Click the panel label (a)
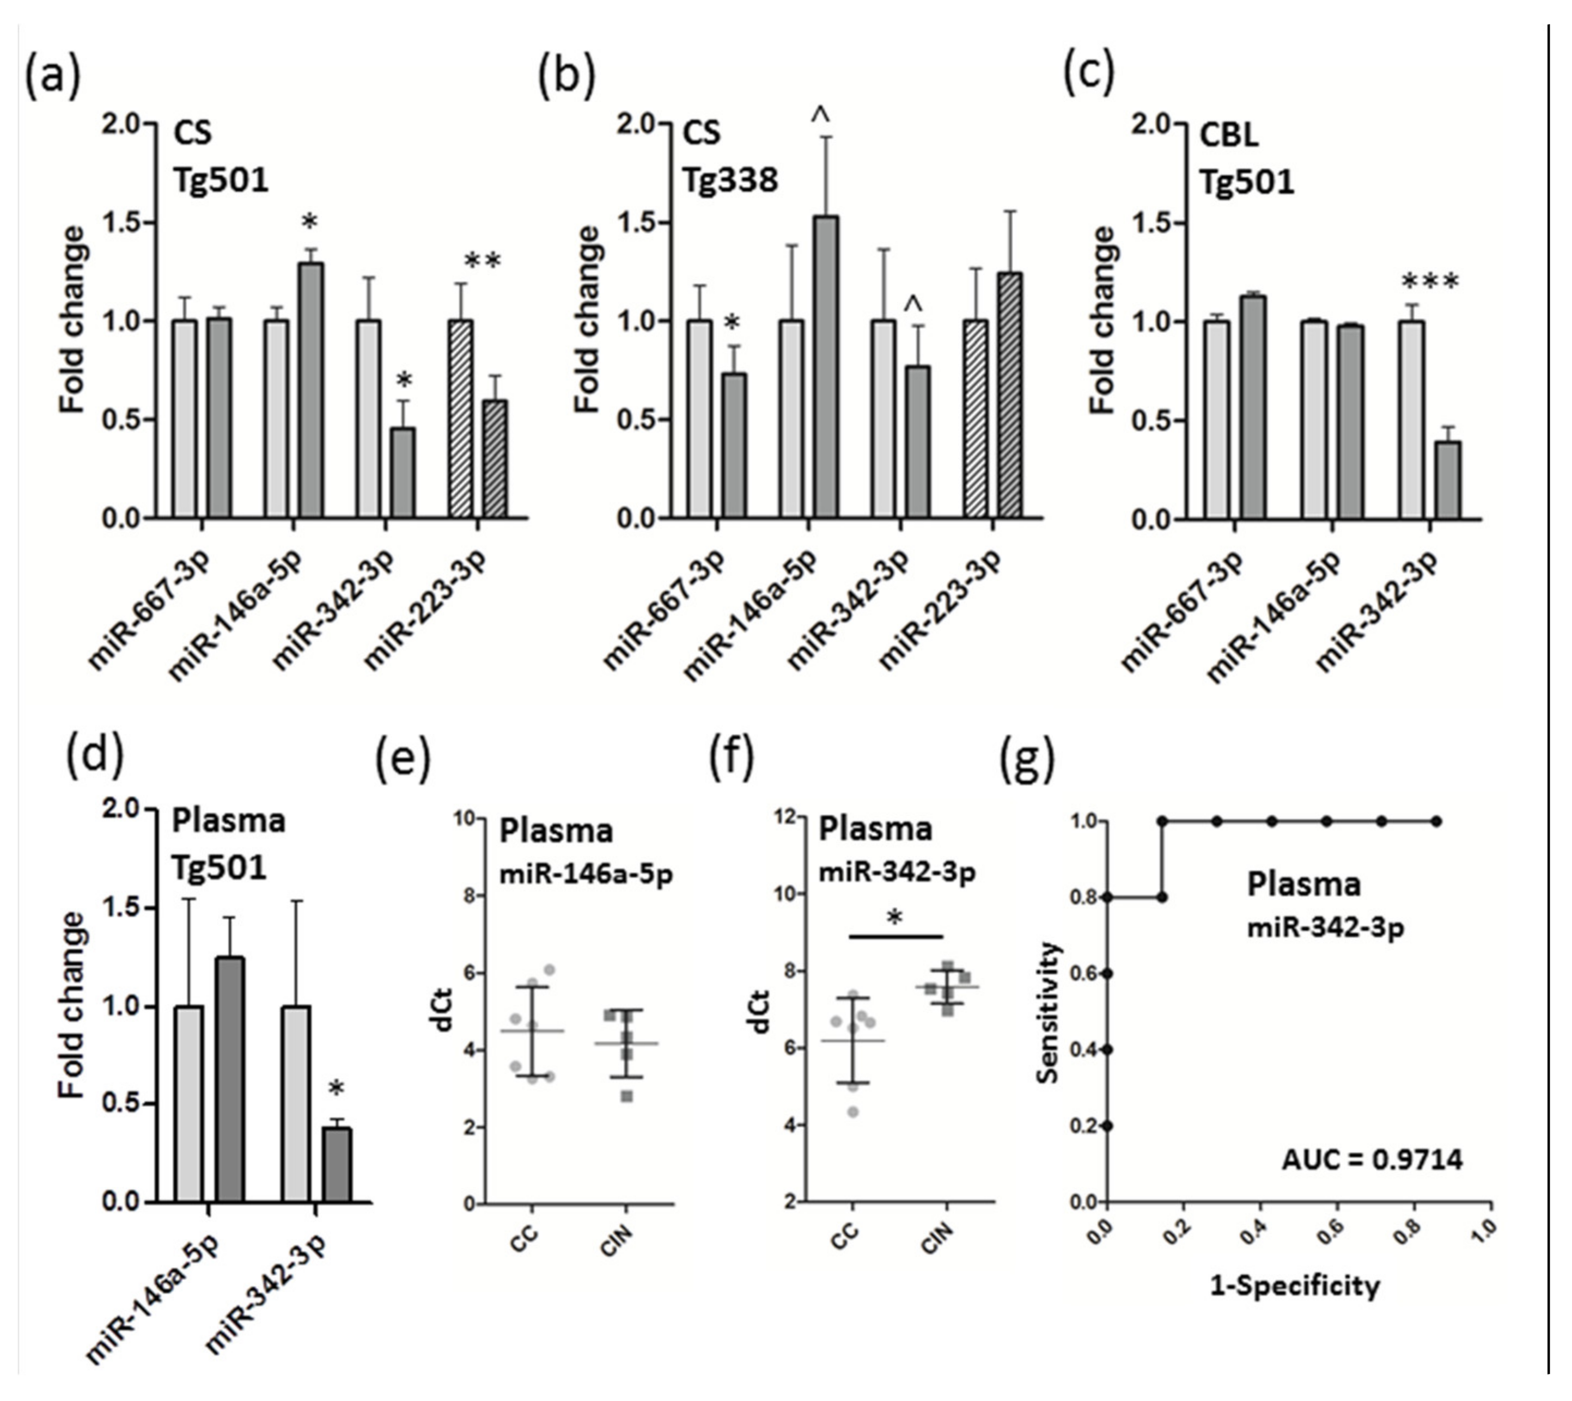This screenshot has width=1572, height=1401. pyautogui.click(x=52, y=79)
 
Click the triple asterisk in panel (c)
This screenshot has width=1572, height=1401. pyautogui.click(x=1429, y=282)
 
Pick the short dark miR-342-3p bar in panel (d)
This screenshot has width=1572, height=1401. pyautogui.click(x=337, y=1165)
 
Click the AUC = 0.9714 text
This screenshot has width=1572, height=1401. pyautogui.click(x=1372, y=1160)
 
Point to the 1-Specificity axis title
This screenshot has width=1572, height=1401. pyautogui.click(x=1295, y=1286)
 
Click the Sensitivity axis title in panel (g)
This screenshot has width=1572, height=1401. pyautogui.click(x=1049, y=1011)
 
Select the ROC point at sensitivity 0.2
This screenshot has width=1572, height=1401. pyautogui.click(x=1107, y=1126)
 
